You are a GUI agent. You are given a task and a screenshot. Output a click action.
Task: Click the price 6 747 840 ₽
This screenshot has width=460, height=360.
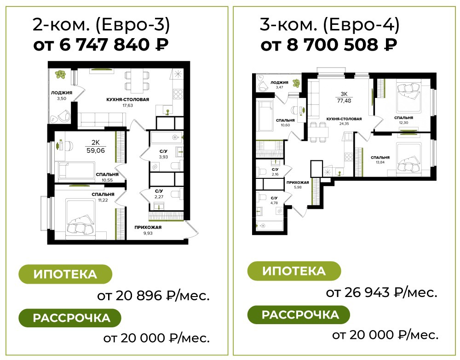pos(114,45)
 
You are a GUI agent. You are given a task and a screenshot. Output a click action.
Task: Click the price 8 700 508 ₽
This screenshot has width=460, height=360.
pos(342,45)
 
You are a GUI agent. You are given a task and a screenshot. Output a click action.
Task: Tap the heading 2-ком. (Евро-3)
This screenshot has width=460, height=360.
pos(101,25)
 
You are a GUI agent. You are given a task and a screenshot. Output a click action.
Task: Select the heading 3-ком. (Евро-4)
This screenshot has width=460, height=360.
pos(329,25)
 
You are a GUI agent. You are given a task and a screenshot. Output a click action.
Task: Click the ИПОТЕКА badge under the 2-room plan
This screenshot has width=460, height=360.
pos(65,274)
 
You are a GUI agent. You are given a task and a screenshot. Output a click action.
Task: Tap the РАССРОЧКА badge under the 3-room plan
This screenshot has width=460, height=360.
pos(299,315)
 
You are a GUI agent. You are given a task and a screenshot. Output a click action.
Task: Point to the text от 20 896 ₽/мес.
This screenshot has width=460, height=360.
pos(154,296)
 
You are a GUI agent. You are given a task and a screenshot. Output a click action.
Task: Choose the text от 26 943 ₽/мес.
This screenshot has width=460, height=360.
pos(382,292)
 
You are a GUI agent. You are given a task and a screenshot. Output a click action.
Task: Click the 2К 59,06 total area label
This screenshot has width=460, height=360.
pos(96,147)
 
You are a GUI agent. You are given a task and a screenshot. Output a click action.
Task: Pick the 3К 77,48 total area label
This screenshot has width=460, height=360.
pos(344,97)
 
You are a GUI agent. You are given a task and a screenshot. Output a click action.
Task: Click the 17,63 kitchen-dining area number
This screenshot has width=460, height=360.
pos(127,105)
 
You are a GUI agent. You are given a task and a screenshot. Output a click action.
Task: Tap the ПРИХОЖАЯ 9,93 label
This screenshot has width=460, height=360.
pos(148,230)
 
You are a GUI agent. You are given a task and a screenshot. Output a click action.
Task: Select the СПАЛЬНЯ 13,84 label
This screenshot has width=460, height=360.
pos(380,160)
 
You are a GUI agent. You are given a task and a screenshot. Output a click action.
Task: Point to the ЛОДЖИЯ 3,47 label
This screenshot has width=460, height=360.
pos(279,85)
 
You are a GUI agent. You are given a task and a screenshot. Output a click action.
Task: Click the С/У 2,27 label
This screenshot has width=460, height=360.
pos(159,194)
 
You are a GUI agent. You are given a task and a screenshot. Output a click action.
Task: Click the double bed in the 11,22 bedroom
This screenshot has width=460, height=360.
pos(80,217)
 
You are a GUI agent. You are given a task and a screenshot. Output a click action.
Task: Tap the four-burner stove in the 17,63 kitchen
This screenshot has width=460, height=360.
pos(178,94)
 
